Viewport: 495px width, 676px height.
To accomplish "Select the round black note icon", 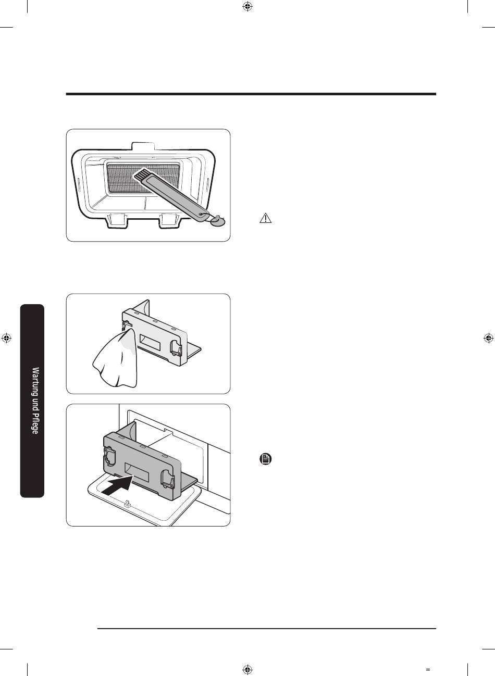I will coord(265,459).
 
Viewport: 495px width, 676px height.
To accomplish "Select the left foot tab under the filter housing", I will coord(116,219).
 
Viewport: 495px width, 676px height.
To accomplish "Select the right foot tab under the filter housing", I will coord(169,219).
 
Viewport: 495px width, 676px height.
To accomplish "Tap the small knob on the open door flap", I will coord(127,504).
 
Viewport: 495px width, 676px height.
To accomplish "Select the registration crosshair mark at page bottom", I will coord(247,669).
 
